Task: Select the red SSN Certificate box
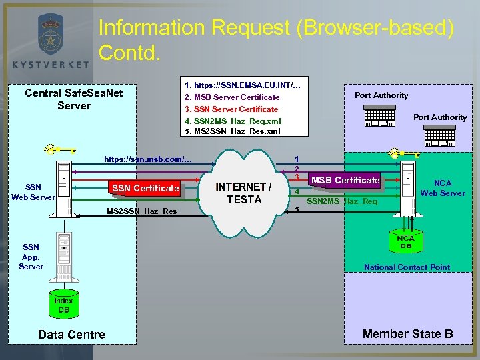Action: coord(145,188)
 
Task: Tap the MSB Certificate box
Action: coord(345,180)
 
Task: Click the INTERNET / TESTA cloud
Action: coord(244,193)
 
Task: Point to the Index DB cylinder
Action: coord(63,305)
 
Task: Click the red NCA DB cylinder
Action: coord(405,243)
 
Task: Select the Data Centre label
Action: coord(71,335)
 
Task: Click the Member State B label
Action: coord(407,333)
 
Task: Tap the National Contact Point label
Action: coord(407,267)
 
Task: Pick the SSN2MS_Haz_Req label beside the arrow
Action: coord(341,201)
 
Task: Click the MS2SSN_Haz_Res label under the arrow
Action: coord(142,211)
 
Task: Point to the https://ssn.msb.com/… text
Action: coord(147,159)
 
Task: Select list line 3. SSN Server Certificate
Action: coord(231,109)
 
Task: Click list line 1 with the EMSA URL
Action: coord(242,85)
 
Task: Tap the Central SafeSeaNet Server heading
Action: coord(73,99)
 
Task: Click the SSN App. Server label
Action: coord(31,257)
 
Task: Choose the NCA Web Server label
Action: coord(442,188)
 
